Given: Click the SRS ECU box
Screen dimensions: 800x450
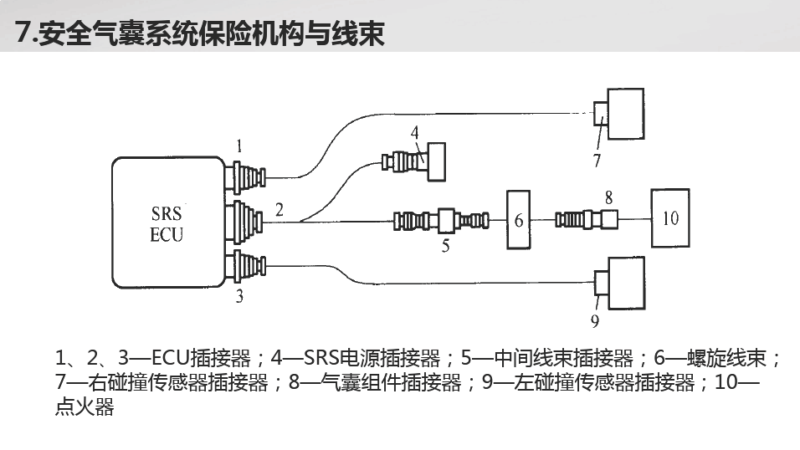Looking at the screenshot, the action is (x=168, y=222).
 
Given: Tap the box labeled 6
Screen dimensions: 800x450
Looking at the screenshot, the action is (x=518, y=220).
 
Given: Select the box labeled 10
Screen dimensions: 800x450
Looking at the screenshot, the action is (x=670, y=218).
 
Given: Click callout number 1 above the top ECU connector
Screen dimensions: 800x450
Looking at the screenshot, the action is (x=239, y=147).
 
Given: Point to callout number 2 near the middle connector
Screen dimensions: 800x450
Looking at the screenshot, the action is (x=279, y=210).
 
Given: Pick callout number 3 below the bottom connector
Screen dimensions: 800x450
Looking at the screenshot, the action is (x=239, y=296).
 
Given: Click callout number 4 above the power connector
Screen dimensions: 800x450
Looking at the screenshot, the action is (x=415, y=133).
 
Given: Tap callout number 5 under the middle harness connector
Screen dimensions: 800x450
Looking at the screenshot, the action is (x=445, y=246).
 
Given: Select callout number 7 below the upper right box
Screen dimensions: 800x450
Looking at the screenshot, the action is (x=597, y=161).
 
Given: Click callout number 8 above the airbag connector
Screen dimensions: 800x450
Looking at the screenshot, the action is (x=608, y=197).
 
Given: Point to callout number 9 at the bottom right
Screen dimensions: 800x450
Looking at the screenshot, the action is (x=595, y=321).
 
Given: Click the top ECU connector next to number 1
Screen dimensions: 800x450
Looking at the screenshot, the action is (x=245, y=177).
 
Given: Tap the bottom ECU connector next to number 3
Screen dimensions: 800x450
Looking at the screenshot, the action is (x=245, y=266).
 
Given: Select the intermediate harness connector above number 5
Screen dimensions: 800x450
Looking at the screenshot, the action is (x=441, y=221).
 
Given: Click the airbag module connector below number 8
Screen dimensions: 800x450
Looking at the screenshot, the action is (x=587, y=220).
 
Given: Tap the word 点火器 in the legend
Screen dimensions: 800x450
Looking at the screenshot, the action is (x=85, y=407).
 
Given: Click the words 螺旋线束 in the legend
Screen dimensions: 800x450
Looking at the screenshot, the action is (x=726, y=358).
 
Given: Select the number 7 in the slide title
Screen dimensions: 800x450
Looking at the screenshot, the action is (x=22, y=33).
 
